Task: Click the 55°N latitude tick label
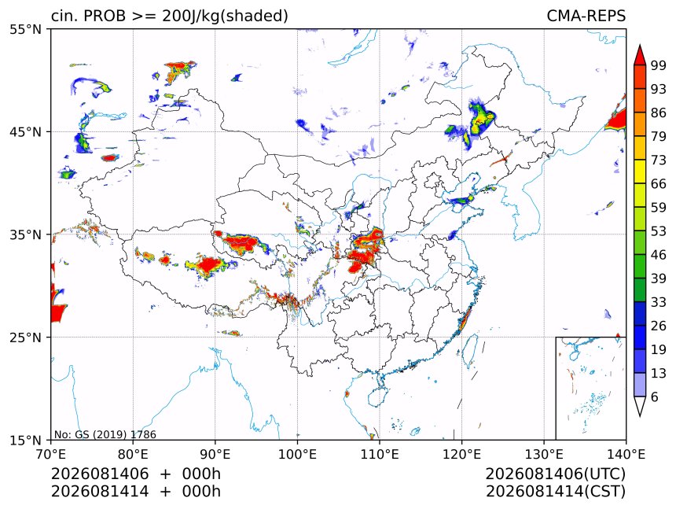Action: pyautogui.click(x=25, y=29)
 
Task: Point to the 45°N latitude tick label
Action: pyautogui.click(x=25, y=131)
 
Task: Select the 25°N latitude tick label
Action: pyautogui.click(x=25, y=337)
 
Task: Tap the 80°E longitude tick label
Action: pyautogui.click(x=133, y=454)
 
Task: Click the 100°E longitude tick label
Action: pyautogui.click(x=297, y=454)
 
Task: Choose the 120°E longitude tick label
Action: pyautogui.click(x=461, y=454)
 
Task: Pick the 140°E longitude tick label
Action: pyautogui.click(x=626, y=454)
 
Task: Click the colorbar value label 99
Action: pyautogui.click(x=659, y=65)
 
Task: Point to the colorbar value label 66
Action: pyautogui.click(x=659, y=184)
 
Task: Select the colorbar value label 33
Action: pyautogui.click(x=659, y=302)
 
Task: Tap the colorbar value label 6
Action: pyautogui.click(x=655, y=397)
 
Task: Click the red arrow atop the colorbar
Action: pyautogui.click(x=640, y=55)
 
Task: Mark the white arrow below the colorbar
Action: pyautogui.click(x=640, y=406)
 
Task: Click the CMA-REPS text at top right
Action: pyautogui.click(x=586, y=16)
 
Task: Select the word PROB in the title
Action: pyautogui.click(x=105, y=16)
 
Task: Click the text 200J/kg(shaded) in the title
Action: pyautogui.click(x=225, y=17)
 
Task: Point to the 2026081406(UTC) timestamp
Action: pyautogui.click(x=556, y=474)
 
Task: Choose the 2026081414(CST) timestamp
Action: pyautogui.click(x=556, y=492)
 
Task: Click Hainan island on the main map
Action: pyautogui.click(x=377, y=397)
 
